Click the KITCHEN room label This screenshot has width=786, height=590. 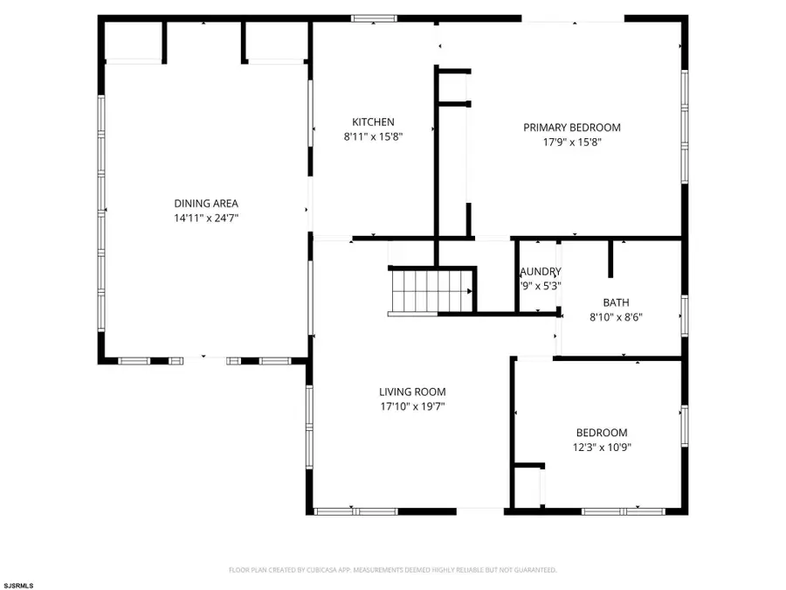373,122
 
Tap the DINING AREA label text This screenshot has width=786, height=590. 206,204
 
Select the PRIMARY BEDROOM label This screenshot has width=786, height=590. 572,128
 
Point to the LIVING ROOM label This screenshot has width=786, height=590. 412,392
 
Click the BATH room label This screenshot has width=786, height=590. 616,302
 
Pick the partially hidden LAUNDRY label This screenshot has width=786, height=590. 540,272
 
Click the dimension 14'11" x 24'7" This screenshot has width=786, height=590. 206,219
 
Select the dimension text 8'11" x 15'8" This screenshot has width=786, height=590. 373,136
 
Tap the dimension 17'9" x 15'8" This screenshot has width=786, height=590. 572,142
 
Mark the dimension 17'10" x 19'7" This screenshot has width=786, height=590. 412,406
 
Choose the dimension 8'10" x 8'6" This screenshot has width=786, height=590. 616,316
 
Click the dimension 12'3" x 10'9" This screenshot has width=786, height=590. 601,447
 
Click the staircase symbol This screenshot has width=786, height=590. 430,290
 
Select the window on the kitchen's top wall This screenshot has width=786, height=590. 375,17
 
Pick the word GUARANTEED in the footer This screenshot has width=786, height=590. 534,570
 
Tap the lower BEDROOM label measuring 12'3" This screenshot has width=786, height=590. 601,433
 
